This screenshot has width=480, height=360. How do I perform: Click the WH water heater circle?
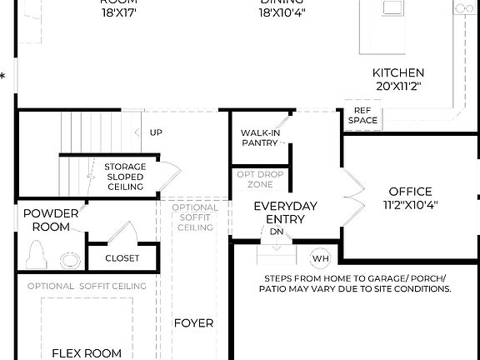(x=321, y=258)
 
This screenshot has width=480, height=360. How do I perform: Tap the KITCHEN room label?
(x=397, y=73)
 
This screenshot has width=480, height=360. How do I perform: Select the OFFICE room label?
(x=410, y=192)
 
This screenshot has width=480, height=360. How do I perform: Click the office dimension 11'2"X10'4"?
(x=410, y=204)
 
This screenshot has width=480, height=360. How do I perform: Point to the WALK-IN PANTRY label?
(x=259, y=137)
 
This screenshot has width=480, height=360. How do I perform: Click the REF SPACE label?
(x=362, y=115)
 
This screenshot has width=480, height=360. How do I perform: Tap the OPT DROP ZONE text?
(x=259, y=179)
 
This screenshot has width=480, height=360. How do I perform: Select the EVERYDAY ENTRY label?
(x=285, y=212)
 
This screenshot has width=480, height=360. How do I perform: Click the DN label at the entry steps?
(x=276, y=232)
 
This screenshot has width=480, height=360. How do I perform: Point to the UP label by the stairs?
(x=156, y=132)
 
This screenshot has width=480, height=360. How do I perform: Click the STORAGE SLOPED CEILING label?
(x=125, y=177)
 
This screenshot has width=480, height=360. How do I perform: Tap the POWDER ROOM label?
(x=51, y=218)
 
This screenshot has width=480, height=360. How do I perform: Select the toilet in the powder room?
(x=36, y=253)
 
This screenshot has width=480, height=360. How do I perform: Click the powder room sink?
(x=70, y=258)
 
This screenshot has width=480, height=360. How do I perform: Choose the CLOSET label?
(x=122, y=258)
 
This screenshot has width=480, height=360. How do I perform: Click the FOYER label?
(x=193, y=322)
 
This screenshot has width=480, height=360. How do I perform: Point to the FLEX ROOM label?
(x=87, y=352)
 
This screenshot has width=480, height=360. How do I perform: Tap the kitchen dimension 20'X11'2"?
(x=397, y=86)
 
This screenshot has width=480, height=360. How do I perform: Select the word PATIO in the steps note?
(x=275, y=289)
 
